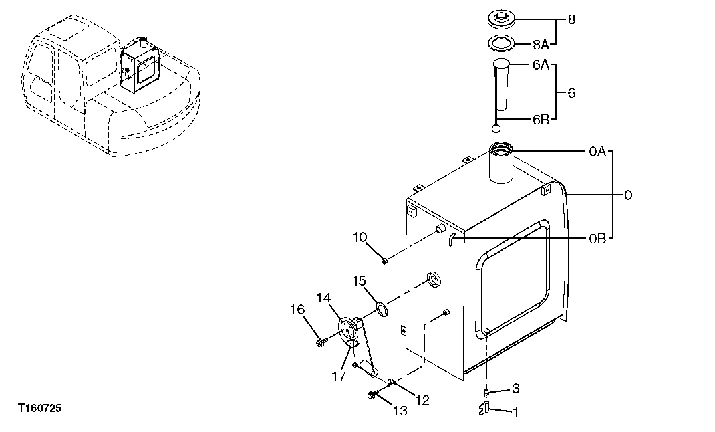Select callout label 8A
tap(540, 47)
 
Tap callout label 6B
tap(540, 120)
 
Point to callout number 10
tap(360, 237)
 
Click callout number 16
tap(297, 310)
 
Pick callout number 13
tap(399, 411)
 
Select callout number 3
tap(515, 389)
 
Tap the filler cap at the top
tap(503, 19)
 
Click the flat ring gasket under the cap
tap(503, 45)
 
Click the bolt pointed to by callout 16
tap(321, 342)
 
